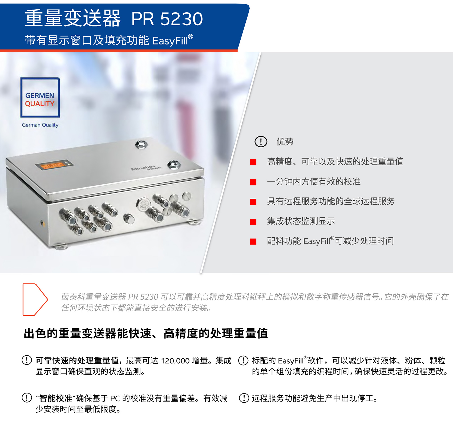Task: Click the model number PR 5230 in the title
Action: (x=167, y=19)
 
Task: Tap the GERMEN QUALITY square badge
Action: (x=40, y=98)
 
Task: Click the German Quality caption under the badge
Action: (x=40, y=125)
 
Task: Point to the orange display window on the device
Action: (x=54, y=165)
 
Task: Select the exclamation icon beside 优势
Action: (x=261, y=141)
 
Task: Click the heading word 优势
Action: (x=285, y=141)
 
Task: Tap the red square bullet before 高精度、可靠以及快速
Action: (x=253, y=162)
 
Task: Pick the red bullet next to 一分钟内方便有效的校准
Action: (x=253, y=182)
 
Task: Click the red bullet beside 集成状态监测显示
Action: (x=253, y=222)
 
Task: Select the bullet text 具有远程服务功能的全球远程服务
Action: (x=331, y=201)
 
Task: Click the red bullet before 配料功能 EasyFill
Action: (x=253, y=241)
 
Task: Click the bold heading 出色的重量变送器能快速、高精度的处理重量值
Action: (x=146, y=333)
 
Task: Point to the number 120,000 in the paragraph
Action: (x=175, y=361)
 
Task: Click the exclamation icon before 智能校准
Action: (x=27, y=398)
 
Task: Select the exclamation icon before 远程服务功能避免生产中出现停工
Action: (x=244, y=398)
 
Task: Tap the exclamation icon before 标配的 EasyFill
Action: (x=243, y=360)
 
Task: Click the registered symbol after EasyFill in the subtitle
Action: (x=191, y=36)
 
